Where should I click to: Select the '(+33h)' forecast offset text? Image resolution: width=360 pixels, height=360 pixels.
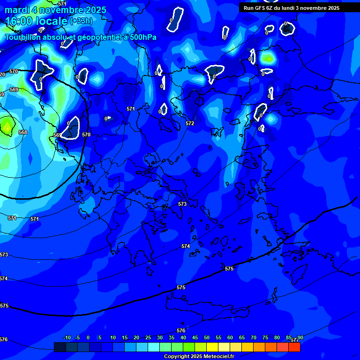[x=81, y=21]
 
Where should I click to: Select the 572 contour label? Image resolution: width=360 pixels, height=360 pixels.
[x=189, y=123]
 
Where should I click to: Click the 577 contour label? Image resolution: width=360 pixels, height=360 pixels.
[x=294, y=340]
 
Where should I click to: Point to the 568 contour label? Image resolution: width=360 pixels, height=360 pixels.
[x=22, y=132]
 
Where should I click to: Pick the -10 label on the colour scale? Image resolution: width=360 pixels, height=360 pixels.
[x=67, y=337]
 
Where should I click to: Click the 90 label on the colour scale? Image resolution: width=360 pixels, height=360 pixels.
[x=300, y=337]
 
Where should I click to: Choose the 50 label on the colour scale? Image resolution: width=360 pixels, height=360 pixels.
[x=206, y=337]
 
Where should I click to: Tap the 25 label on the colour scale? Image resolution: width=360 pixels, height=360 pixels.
[x=148, y=337]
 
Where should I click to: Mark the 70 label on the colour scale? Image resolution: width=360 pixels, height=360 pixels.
[x=254, y=337]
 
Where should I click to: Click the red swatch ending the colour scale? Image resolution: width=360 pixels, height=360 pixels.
[x=294, y=347]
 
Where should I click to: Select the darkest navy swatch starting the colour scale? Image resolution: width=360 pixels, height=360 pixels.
[x=60, y=347]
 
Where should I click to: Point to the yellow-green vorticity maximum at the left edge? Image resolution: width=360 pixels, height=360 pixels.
[x=7, y=126]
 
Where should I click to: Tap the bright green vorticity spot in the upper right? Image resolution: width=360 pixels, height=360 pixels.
[x=268, y=58]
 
